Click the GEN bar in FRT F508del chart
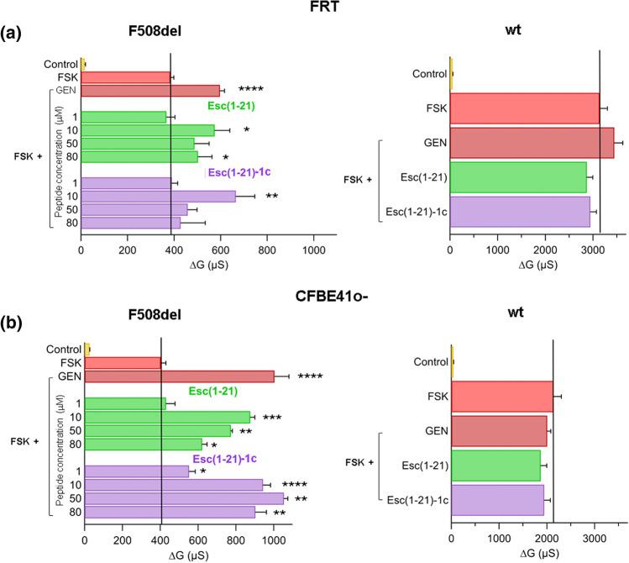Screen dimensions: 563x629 click(149, 90)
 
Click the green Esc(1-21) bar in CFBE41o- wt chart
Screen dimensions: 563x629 click(495, 465)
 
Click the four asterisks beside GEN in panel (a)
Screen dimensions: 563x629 click(251, 90)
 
